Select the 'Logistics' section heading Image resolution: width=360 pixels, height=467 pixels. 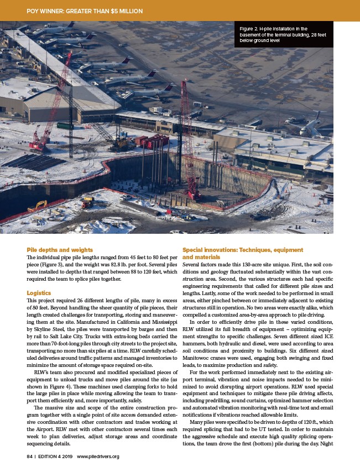38,292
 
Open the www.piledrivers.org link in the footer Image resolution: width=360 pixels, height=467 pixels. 98,456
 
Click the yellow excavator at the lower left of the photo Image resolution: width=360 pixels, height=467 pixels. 39,207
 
